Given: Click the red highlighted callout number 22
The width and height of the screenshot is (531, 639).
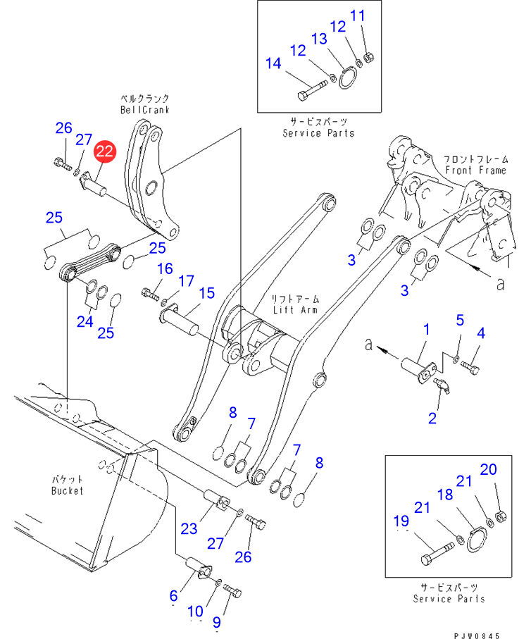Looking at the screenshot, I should (105, 150).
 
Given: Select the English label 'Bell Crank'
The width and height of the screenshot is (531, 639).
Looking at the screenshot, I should (144, 110).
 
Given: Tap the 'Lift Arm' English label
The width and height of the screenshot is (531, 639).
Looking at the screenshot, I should (294, 309).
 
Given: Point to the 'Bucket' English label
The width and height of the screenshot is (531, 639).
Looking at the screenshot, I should (67, 490).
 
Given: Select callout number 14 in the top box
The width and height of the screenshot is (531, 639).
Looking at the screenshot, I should (273, 64).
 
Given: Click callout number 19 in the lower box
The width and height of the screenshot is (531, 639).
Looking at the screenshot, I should (401, 521).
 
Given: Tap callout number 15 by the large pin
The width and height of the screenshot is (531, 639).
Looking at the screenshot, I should (206, 292).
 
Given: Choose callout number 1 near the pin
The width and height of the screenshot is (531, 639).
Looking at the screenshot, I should (426, 329).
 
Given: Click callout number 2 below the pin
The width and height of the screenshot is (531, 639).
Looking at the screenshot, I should (432, 418).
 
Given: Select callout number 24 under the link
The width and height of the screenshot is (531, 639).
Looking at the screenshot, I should (85, 322).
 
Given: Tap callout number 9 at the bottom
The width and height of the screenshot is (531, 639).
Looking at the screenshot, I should (217, 622).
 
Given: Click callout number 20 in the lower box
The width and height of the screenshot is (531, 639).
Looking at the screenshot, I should (488, 470).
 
